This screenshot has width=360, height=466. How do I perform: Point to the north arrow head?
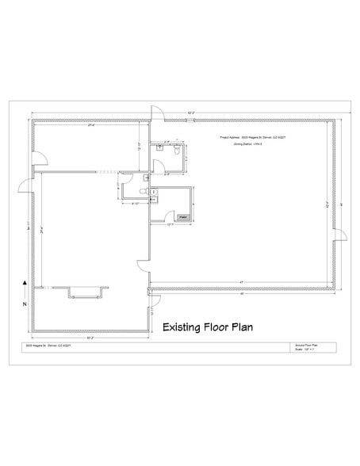click(25, 281)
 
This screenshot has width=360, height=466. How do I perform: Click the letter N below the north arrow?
click(25, 303)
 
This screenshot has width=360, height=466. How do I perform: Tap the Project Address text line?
click(250, 136)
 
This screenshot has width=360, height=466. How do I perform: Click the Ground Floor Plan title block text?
click(305, 346)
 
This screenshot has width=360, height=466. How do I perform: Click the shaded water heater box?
click(183, 216)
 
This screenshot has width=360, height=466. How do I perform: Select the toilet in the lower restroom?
click(144, 193)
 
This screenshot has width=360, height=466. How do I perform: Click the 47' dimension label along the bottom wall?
click(239, 281)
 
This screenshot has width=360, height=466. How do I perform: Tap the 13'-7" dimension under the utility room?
click(170, 224)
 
